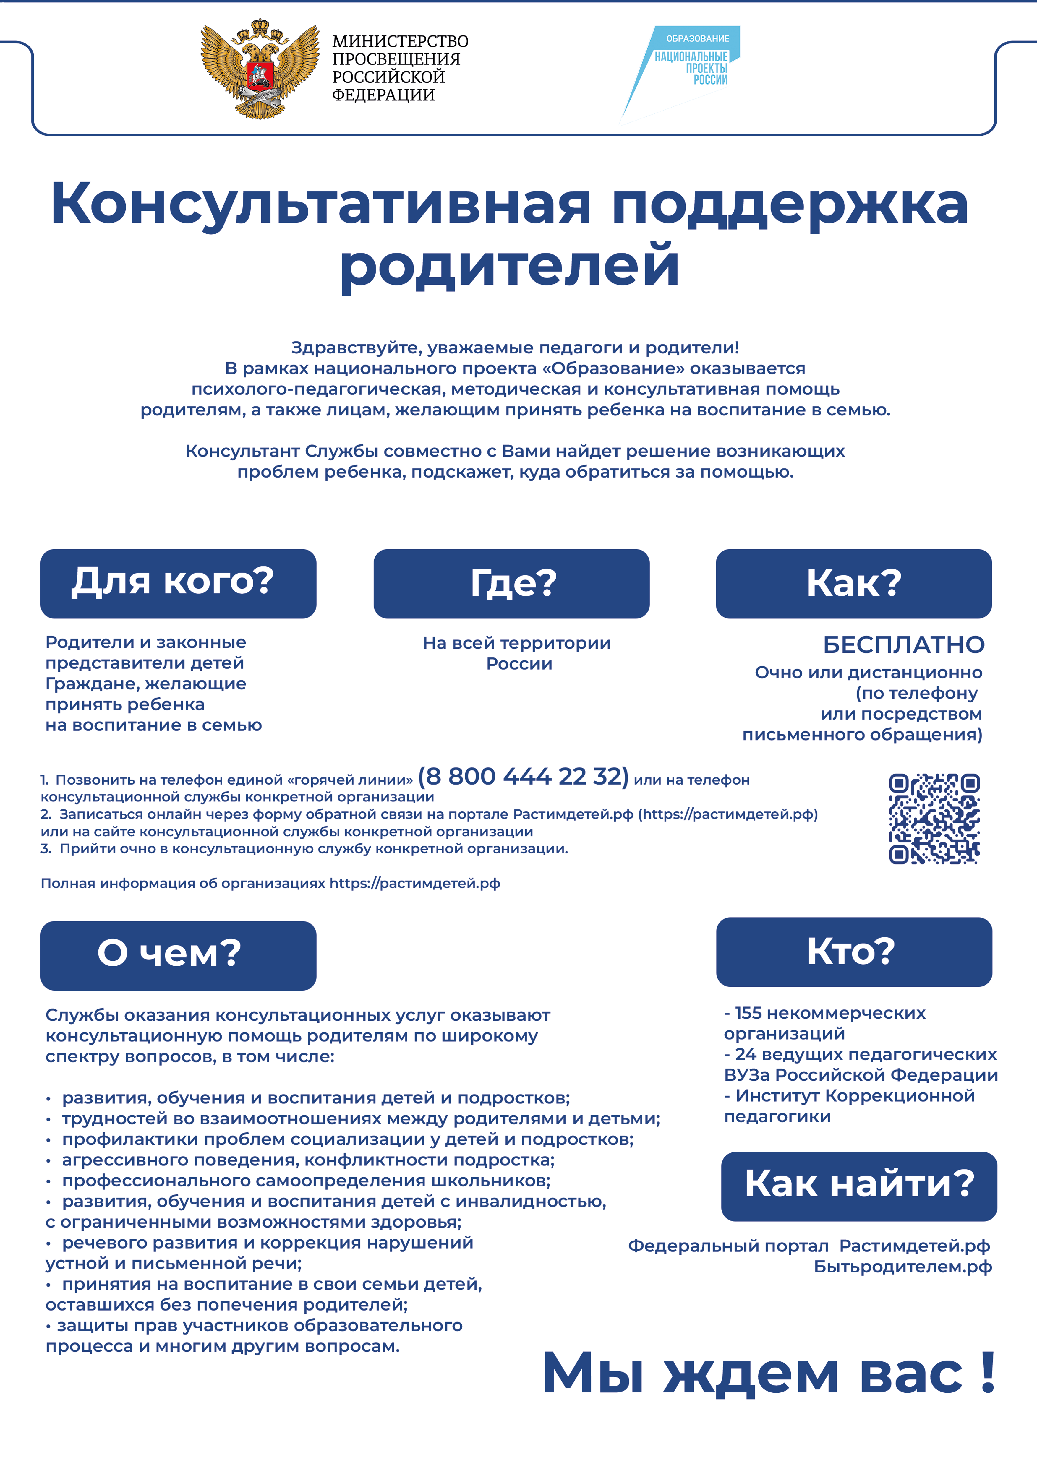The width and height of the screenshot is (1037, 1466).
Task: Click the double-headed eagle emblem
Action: [x=260, y=69]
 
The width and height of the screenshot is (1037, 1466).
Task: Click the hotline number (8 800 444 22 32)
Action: [x=523, y=776]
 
